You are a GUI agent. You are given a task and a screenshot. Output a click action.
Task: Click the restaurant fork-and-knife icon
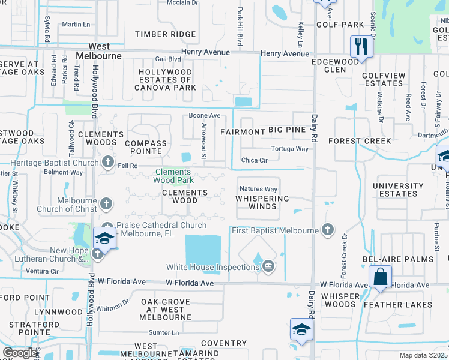pos(360,46)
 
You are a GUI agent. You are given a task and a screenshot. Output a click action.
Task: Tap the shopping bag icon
pos(380,277)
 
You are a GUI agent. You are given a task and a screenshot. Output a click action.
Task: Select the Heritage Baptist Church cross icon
pos(108,161)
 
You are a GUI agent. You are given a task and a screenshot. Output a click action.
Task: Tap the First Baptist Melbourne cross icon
pos(327,229)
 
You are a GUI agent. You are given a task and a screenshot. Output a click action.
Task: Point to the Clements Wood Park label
pos(173,175)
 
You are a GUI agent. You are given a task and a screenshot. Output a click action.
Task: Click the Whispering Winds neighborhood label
pos(262,202)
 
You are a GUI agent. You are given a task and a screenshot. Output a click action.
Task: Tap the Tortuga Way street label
pos(290,149)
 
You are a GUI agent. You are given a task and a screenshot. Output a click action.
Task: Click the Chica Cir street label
pos(254,160)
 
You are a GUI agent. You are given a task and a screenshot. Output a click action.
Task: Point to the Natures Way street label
pos(259,189)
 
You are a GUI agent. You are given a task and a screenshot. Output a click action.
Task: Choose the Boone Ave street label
pos(205,115)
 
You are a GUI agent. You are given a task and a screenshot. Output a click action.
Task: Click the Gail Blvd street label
pos(168,59)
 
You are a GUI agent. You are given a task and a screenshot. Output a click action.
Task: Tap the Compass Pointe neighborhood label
pos(145,147)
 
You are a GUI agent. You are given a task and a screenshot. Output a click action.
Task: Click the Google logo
pos(20,353)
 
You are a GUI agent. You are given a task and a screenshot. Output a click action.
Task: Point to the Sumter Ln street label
pos(164,332)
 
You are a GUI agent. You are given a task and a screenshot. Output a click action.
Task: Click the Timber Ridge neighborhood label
pos(157,34)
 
